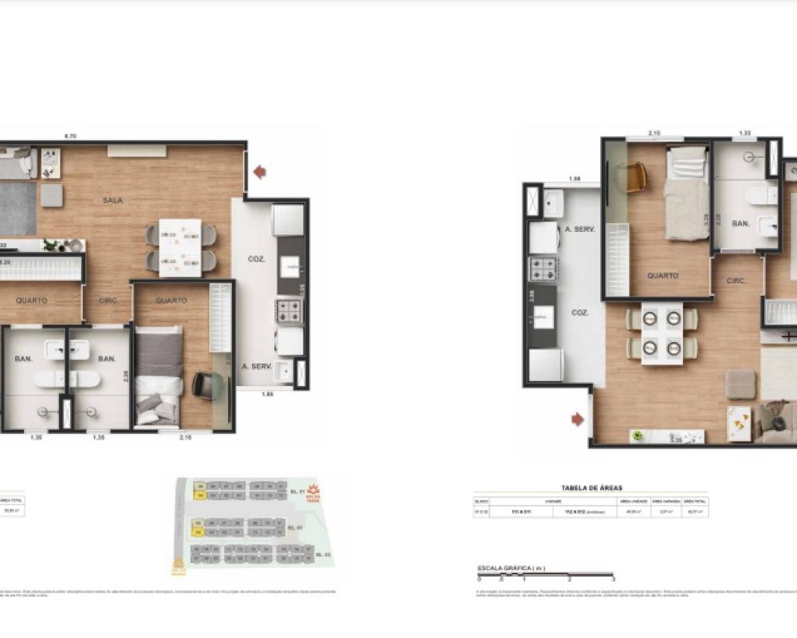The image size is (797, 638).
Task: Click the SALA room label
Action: [x=112, y=200]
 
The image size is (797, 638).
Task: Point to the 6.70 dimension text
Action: [x=70, y=136]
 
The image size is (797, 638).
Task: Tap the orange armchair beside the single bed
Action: [x=635, y=176]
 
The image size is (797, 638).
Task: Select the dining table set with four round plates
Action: [x=662, y=334]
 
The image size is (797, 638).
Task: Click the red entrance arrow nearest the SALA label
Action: [x=260, y=171]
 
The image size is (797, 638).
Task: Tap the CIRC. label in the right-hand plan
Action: [x=735, y=282]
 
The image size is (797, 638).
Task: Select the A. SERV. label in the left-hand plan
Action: [x=257, y=368]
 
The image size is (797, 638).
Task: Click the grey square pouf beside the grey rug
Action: [x=52, y=195]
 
